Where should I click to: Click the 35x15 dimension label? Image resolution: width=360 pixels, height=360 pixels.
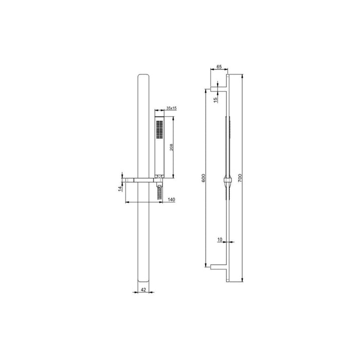click(x=171, y=108)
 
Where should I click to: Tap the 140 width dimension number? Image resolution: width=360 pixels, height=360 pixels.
click(x=171, y=200)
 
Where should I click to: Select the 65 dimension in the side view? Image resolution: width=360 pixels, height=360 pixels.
click(x=219, y=67)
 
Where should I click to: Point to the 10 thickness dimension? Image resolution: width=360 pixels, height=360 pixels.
click(x=220, y=240)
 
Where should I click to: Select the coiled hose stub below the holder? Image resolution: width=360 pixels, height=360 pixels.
click(x=160, y=192)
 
